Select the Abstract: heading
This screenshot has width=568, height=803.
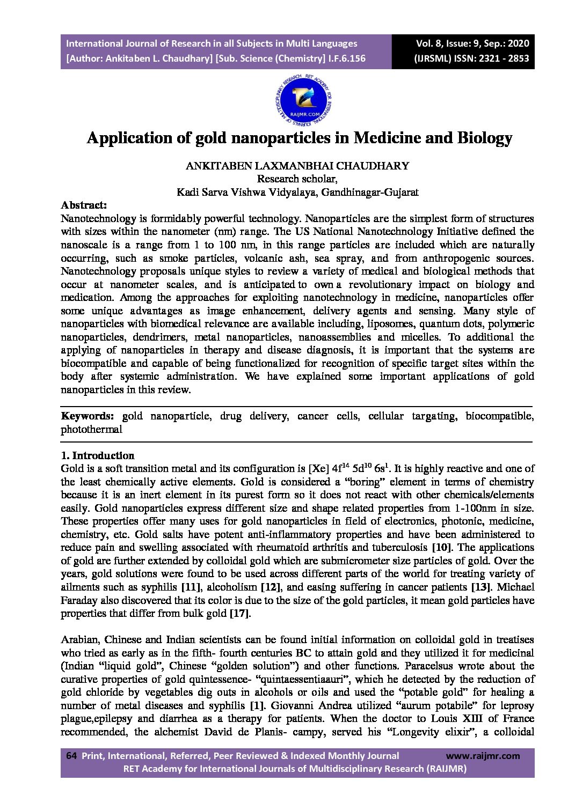tap(84, 205)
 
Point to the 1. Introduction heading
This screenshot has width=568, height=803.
tap(97, 455)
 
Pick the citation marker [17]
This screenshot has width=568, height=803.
tap(240, 613)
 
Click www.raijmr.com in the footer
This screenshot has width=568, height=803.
tap(483, 756)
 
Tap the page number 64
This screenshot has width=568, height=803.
tap(71, 756)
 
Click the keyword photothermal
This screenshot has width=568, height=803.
tap(91, 429)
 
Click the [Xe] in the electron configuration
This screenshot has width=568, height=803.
tap(318, 468)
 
